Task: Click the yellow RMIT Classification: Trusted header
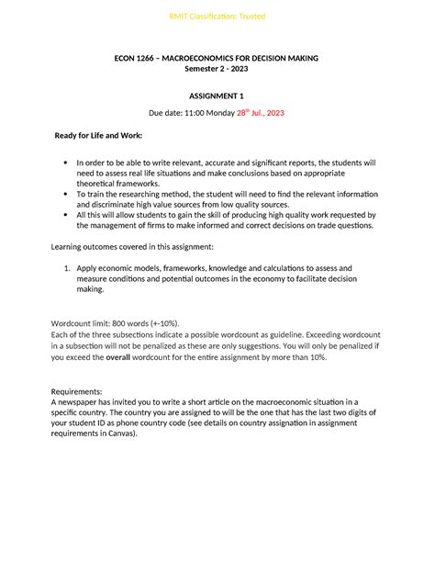[217, 17]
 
